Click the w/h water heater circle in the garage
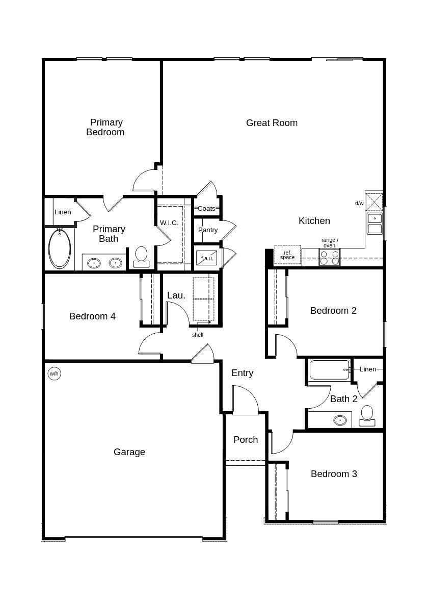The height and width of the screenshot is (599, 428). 54,373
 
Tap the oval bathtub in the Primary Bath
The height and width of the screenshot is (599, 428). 60,249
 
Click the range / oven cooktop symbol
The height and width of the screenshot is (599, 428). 329,258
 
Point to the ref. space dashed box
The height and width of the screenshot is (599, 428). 287,255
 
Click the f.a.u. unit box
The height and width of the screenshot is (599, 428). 207,258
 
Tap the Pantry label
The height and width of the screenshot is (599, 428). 208,230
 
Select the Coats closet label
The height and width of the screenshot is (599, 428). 206,209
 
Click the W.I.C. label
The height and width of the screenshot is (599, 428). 169,223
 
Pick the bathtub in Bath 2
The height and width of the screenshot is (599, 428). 329,370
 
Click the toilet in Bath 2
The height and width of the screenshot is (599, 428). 367,415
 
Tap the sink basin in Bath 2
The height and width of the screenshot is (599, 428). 340,420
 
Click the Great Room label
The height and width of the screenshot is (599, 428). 272,123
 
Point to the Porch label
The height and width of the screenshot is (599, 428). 246,440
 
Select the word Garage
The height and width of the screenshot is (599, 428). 129,452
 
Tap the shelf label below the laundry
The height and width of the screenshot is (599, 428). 198,335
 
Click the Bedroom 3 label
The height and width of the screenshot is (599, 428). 334,474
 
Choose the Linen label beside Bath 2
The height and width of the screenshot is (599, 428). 368,369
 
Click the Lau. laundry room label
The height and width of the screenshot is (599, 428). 176,295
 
